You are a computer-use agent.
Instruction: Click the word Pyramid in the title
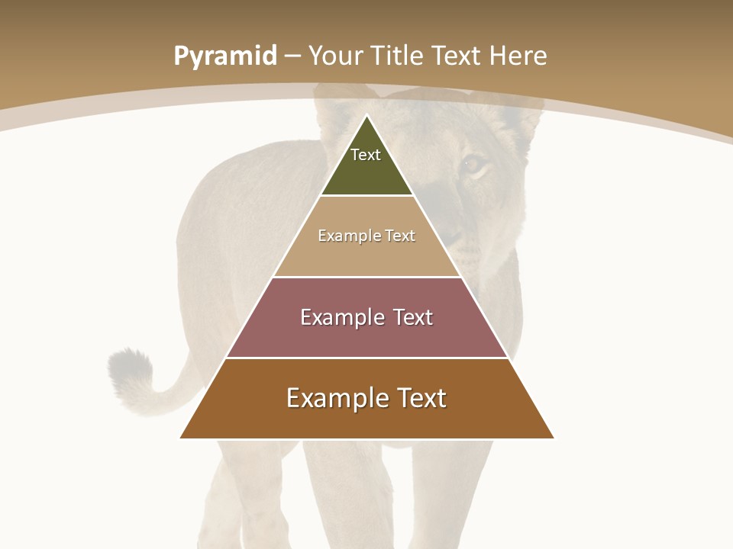pyautogui.click(x=224, y=56)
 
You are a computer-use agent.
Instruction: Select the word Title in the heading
pyautogui.click(x=399, y=56)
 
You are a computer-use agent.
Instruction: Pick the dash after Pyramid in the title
pyautogui.click(x=292, y=56)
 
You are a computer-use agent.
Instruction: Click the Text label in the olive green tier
pyautogui.click(x=366, y=155)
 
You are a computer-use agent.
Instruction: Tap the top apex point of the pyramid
pyautogui.click(x=366, y=115)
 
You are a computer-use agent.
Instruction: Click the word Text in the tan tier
pyautogui.click(x=400, y=236)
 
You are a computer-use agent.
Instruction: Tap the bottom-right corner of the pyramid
pyautogui.click(x=554, y=438)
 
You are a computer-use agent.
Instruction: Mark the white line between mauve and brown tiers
pyautogui.click(x=366, y=358)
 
